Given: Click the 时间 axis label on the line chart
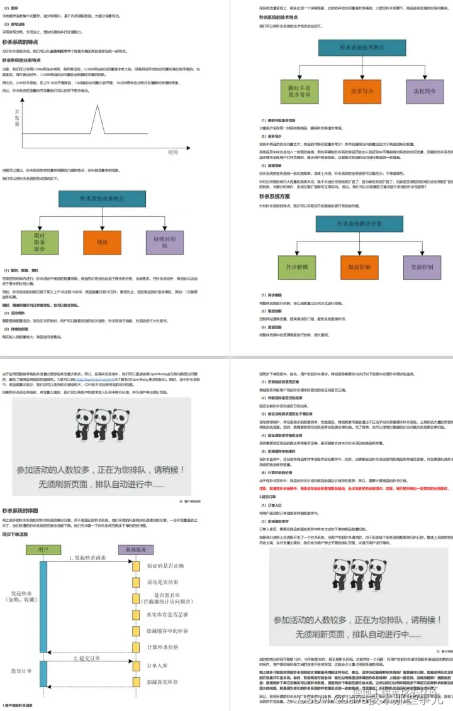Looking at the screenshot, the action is coord(173,152).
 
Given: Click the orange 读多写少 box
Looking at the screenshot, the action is coord(362,91).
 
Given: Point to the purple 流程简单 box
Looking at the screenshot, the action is coord(425,91).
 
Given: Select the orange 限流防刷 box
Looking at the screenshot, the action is coord(359,267).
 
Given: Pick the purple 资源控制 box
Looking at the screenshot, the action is coord(422,267).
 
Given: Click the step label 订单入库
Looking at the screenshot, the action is coord(159,665).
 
